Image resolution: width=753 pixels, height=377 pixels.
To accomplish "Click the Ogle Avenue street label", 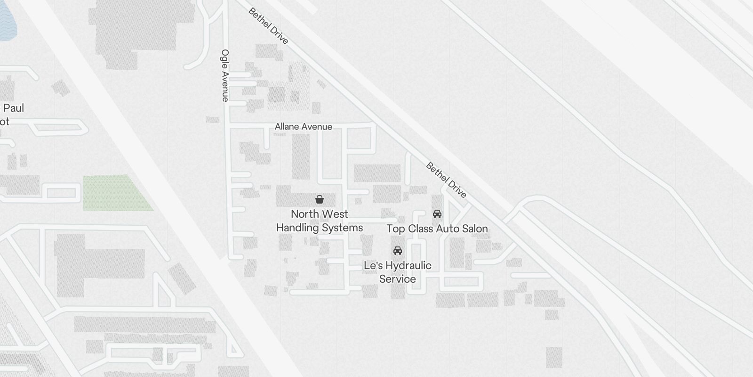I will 225,75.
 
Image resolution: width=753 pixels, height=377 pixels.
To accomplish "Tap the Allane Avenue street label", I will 304,127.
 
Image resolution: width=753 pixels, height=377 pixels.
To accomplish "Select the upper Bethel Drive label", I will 268,26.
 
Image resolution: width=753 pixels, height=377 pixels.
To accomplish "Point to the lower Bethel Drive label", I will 446,180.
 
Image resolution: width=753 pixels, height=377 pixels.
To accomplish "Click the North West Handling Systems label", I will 320,221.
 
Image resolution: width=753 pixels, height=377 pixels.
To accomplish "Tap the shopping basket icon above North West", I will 320,199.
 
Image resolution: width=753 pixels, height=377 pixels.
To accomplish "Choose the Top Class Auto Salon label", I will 437,229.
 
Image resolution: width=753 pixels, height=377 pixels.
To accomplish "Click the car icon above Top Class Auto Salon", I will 437,214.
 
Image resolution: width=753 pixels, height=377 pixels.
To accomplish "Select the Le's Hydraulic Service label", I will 398,272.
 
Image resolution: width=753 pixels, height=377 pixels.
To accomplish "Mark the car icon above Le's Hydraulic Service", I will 398,250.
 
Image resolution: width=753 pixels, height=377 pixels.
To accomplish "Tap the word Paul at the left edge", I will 14,108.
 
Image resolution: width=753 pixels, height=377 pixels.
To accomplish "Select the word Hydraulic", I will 408,266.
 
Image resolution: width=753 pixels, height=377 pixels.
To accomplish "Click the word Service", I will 398,279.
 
